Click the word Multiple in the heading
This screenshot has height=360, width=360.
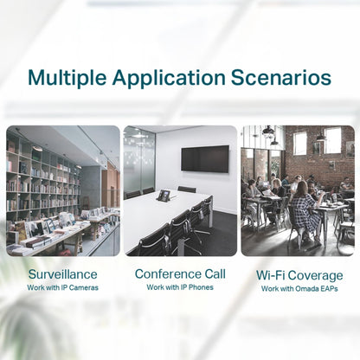[x=67, y=78]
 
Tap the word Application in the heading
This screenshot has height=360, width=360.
[x=169, y=78]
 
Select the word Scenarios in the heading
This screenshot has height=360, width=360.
[x=281, y=77]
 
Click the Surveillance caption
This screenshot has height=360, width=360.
[x=62, y=274]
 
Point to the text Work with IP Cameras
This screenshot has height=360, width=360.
[x=62, y=287]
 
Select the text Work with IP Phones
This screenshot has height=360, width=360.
[x=180, y=287]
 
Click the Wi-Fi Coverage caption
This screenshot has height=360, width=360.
[x=299, y=275]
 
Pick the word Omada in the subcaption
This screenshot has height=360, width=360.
[x=307, y=289]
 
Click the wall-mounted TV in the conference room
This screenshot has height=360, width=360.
[x=205, y=159]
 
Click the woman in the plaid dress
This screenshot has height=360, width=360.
[x=305, y=214]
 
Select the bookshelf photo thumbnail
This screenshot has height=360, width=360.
[x=63, y=190]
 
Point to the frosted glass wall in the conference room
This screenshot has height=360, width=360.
[x=139, y=162]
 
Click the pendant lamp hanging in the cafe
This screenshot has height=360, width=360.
[x=268, y=132]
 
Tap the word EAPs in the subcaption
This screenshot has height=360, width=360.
[x=330, y=289]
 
